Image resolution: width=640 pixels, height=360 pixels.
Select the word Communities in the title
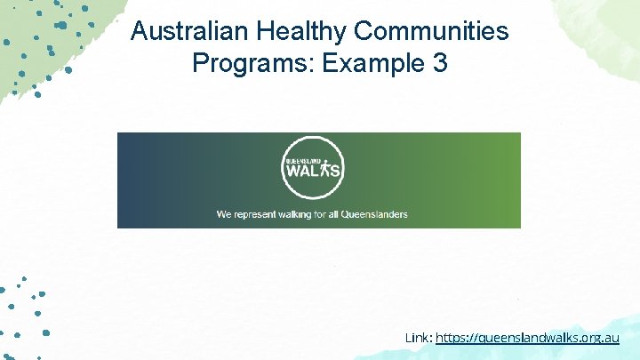(432, 32)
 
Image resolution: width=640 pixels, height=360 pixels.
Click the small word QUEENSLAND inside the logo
(303, 160)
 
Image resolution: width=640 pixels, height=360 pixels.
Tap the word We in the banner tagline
(225, 214)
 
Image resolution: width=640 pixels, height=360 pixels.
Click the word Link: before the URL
(419, 338)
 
